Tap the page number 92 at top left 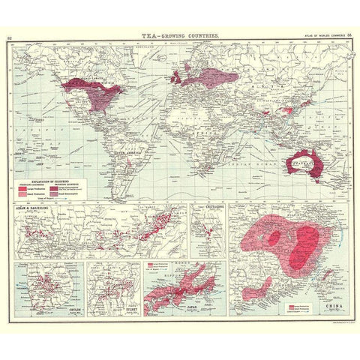point(10,35)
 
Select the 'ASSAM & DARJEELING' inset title point(29,206)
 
